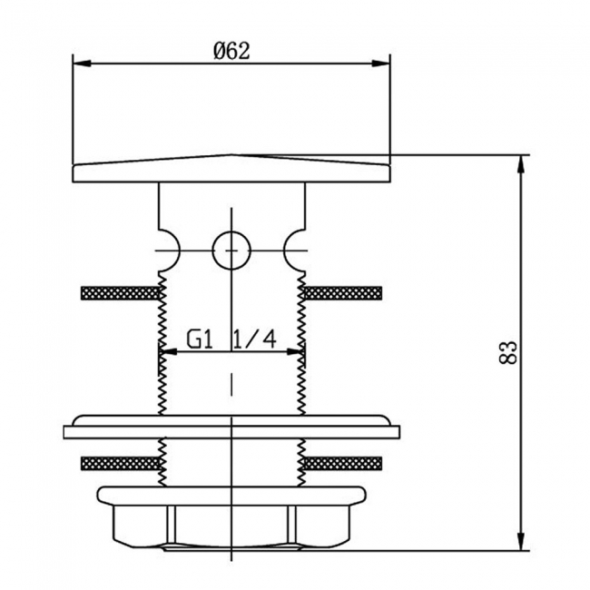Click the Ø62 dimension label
231,51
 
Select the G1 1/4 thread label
231,339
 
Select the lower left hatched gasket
119,464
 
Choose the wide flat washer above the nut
231,431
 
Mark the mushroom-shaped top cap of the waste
231,167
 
